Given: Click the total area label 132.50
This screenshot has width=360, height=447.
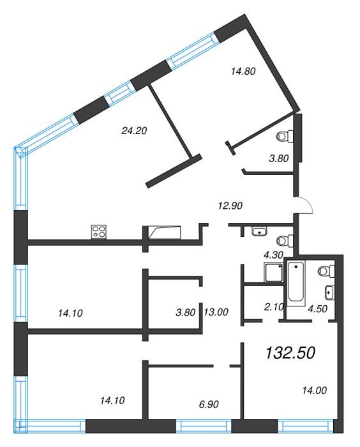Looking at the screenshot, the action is [290, 352].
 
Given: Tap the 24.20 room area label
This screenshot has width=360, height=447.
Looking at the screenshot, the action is [134, 130].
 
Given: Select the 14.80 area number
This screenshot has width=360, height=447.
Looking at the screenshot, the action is [243, 71].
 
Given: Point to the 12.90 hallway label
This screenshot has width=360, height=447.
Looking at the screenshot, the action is [230, 205].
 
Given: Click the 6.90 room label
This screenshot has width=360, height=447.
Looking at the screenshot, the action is [209, 404].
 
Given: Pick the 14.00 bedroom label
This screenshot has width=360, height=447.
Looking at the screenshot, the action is [315, 390].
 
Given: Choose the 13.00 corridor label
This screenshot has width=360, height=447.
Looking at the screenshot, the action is [216, 312].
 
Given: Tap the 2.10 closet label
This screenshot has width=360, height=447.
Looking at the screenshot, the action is [274, 307].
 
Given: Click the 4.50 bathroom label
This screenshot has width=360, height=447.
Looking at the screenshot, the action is [317, 308].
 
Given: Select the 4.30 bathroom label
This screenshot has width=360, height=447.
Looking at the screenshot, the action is [274, 255].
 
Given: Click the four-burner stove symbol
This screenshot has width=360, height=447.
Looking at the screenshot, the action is [99, 232].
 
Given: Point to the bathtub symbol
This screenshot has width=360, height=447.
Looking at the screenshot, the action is [296, 282].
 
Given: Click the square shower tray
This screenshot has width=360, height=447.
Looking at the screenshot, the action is [274, 273].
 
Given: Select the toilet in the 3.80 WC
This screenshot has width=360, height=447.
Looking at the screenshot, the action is [285, 136].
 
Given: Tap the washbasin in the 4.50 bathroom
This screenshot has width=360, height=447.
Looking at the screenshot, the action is [330, 292].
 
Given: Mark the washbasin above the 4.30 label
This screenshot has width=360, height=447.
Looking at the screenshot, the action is [259, 231].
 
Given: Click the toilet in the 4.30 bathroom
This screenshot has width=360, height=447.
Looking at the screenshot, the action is [285, 241].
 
